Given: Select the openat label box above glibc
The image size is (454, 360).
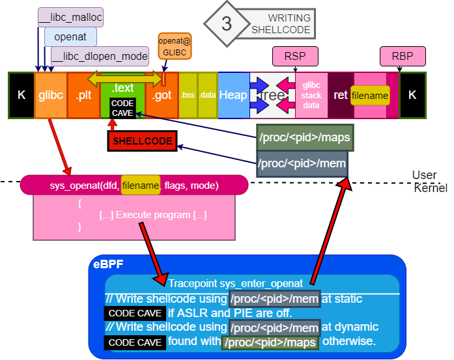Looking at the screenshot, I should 70,36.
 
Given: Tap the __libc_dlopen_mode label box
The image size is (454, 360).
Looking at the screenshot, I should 100,56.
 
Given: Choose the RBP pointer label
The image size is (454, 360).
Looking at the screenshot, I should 403,57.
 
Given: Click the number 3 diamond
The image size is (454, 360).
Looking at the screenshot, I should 226,24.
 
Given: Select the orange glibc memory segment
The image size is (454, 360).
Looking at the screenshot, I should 51,95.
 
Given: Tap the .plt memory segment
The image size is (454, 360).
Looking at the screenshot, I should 83,95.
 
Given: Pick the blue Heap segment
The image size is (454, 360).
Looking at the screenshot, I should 233,95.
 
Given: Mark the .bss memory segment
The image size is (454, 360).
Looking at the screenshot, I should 188,95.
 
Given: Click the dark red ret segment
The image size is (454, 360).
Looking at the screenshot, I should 341,95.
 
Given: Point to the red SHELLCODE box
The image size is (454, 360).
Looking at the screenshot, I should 143,141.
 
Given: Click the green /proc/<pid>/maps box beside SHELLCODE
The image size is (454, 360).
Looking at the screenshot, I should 305,137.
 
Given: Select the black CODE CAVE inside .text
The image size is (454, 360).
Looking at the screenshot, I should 122,108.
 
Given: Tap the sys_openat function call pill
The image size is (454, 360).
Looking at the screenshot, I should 134,186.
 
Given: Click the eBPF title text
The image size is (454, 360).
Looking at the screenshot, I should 107,266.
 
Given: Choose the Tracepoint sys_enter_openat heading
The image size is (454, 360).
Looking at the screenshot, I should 235,283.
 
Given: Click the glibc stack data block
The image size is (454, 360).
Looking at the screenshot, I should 311,95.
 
